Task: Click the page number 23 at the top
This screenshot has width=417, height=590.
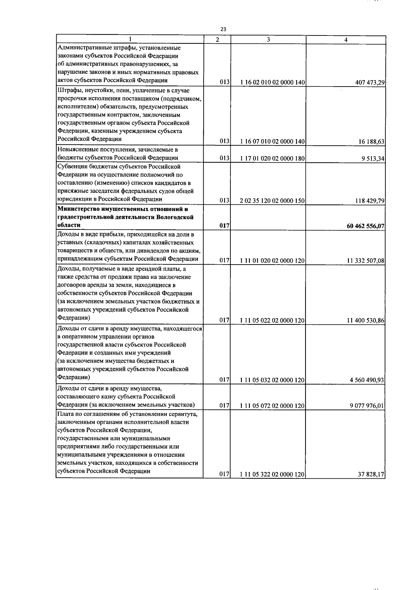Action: pyautogui.click(x=223, y=29)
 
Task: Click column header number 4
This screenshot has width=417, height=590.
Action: pyautogui.click(x=345, y=40)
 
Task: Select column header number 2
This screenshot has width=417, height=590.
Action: pyautogui.click(x=217, y=40)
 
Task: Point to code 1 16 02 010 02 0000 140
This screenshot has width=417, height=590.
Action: pyautogui.click(x=272, y=83)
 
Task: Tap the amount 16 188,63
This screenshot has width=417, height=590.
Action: pyautogui.click(x=371, y=142)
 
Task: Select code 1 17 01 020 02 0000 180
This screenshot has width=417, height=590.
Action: pyautogui.click(x=272, y=159)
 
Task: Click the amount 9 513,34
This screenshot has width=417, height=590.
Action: pyautogui.click(x=373, y=159)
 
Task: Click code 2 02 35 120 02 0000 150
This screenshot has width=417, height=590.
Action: pyautogui.click(x=272, y=201)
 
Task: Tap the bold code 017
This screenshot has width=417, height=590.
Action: pyautogui.click(x=224, y=226)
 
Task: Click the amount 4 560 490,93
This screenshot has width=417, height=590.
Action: pyautogui.click(x=367, y=380)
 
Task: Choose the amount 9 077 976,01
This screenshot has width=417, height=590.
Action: pyautogui.click(x=367, y=406)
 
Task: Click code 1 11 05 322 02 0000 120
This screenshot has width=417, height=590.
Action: pyautogui.click(x=272, y=474)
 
